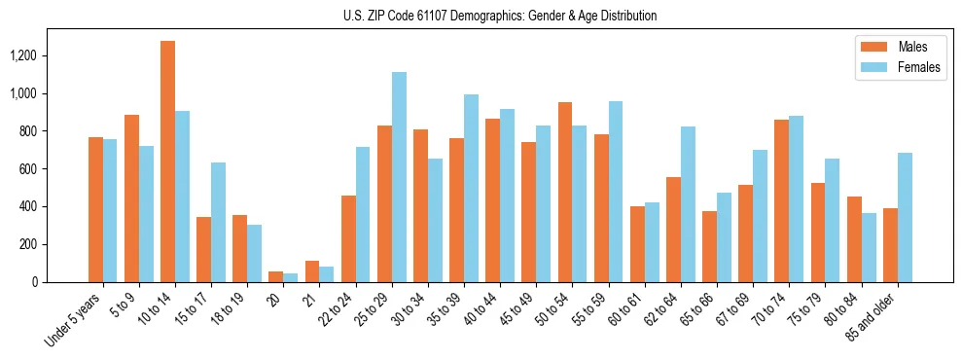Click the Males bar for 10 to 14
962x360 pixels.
pos(167,162)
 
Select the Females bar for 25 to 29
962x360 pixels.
pos(399,177)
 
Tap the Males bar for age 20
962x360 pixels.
pos(276,277)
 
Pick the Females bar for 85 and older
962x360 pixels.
pos(905,217)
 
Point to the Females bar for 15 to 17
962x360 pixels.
pos(218,222)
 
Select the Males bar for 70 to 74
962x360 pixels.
pos(782,200)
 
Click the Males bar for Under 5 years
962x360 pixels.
pos(95,209)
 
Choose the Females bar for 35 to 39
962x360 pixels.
pos(471,188)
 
